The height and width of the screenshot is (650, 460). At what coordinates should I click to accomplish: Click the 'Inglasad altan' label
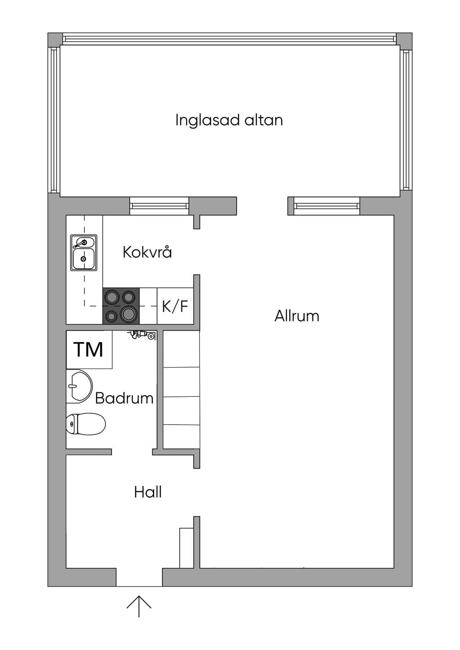click(x=229, y=120)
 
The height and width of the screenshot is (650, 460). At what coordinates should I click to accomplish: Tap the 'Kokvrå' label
click(x=147, y=252)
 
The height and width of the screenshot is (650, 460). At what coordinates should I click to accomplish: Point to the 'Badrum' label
click(x=124, y=398)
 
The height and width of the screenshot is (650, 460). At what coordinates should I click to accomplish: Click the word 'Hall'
click(x=148, y=492)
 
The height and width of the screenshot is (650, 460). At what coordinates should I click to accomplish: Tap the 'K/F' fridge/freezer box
click(x=175, y=306)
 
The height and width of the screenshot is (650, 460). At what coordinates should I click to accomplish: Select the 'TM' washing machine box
click(x=89, y=350)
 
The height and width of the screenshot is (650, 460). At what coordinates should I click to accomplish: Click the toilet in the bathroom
click(x=86, y=424)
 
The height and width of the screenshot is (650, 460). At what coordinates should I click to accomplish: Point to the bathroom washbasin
click(x=79, y=386)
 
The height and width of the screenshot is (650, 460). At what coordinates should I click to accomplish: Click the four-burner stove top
click(x=121, y=306)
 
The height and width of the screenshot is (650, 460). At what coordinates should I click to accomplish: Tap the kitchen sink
click(x=84, y=252)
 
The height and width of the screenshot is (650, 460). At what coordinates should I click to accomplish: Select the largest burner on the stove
click(x=128, y=314)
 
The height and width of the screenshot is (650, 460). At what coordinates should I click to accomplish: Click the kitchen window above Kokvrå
click(x=159, y=206)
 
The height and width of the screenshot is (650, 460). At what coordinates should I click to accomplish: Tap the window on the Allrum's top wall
click(x=327, y=206)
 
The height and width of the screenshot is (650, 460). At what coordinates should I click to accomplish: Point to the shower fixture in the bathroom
click(x=142, y=335)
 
